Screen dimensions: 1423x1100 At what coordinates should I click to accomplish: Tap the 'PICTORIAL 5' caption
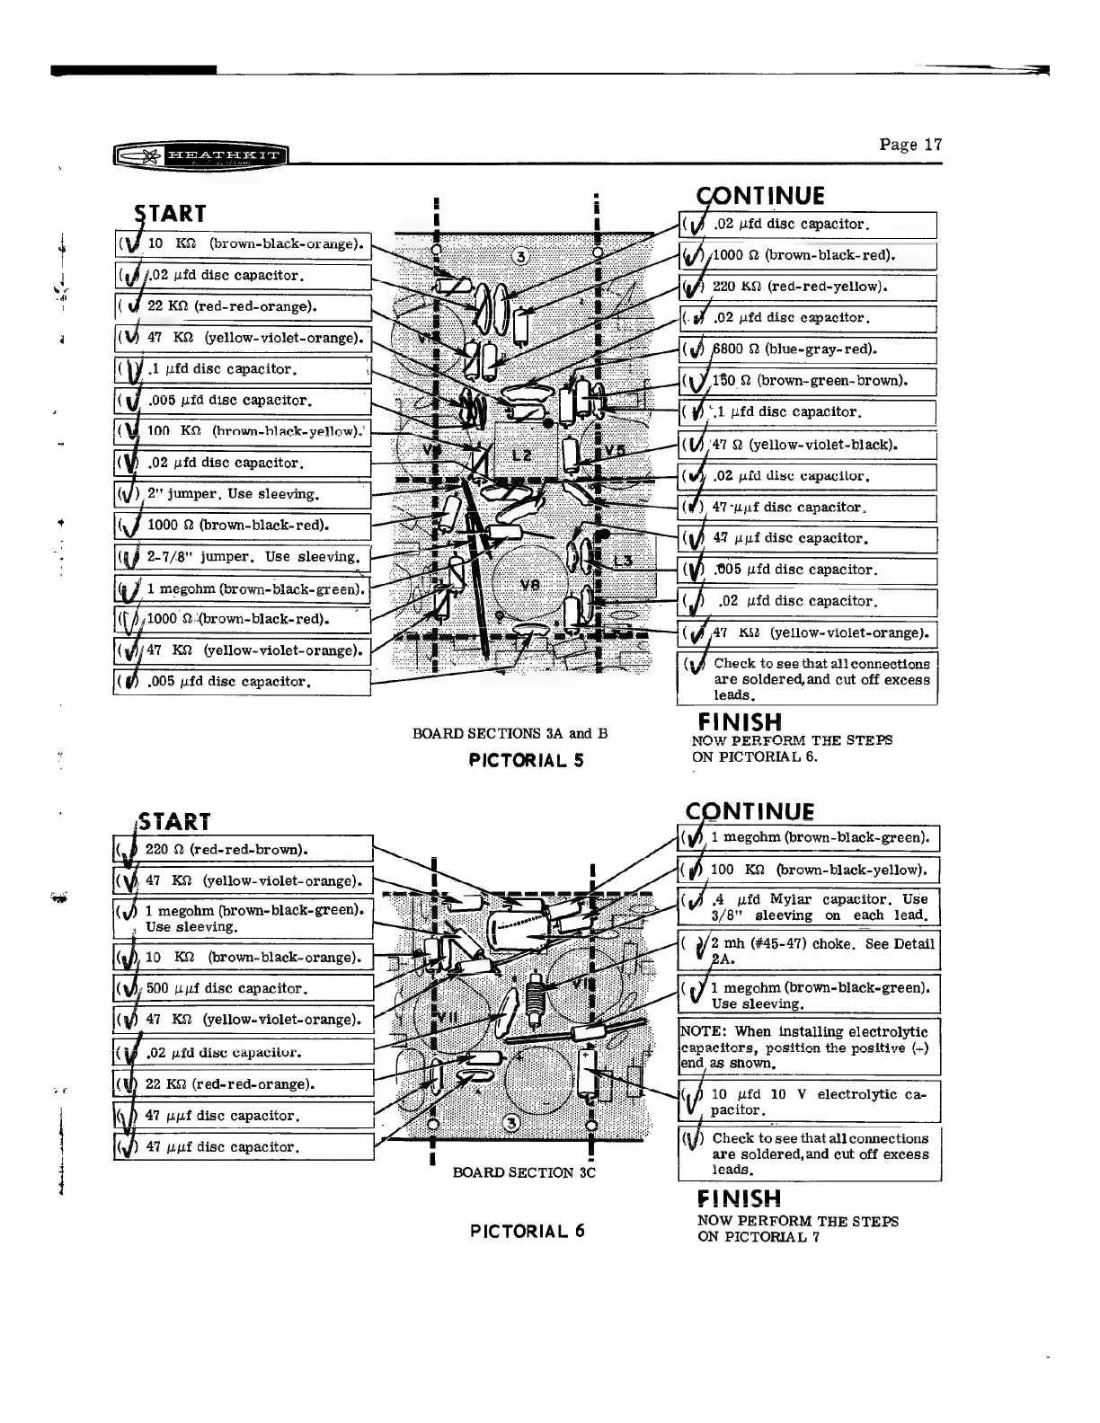pyautogui.click(x=527, y=760)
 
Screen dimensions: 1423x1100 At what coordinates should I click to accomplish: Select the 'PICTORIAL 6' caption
pyautogui.click(x=528, y=1231)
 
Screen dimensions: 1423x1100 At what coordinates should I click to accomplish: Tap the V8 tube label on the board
pyautogui.click(x=530, y=583)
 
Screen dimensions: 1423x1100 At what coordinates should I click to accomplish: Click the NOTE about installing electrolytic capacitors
pyautogui.click(x=809, y=1047)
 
